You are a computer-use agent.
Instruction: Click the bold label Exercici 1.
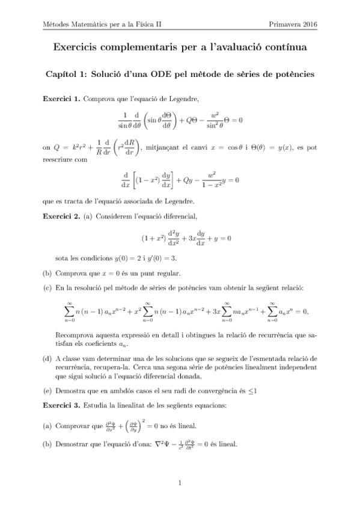pos(61,99)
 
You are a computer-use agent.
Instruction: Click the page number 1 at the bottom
pos(180,482)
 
